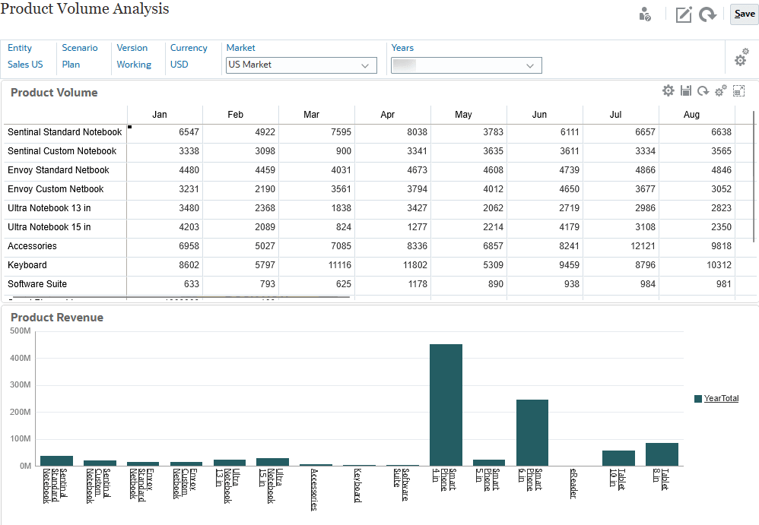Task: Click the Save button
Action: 744,14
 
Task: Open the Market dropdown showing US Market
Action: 301,65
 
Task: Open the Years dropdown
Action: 466,65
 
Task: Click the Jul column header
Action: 615,115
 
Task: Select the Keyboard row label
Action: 27,265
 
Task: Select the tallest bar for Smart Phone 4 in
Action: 446,404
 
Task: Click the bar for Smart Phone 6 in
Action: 532,432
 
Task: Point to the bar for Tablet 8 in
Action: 662,454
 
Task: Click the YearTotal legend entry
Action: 720,399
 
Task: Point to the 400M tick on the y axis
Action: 21,359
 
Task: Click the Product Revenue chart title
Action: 57,318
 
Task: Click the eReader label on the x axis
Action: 573,484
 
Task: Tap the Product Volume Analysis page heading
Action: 84,9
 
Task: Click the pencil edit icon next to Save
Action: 684,14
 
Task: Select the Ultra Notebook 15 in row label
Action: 49,227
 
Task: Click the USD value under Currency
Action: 179,65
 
